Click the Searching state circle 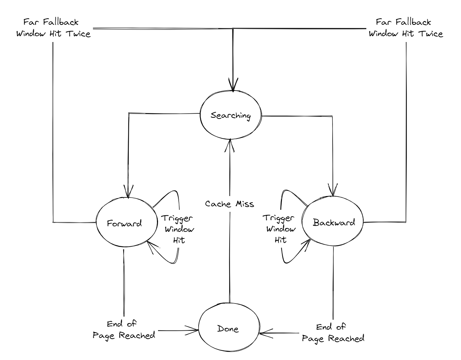point(231,115)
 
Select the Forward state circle point(124,223)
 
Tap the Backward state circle point(333,222)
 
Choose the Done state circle point(228,329)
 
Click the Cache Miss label point(230,204)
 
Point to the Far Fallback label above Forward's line point(53,28)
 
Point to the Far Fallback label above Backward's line point(406,28)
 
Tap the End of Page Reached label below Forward point(124,330)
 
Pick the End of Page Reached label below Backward point(333,333)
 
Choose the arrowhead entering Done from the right point(263,333)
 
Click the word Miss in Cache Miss point(245,204)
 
